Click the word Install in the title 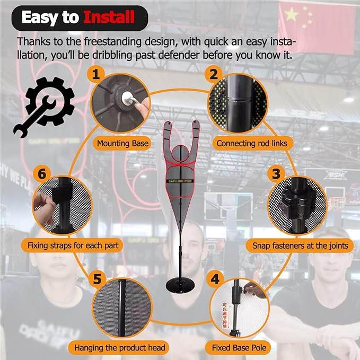click(x=109, y=17)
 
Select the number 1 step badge click(x=96, y=74)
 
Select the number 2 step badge click(x=214, y=74)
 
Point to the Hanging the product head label click(x=120, y=348)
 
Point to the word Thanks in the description click(x=33, y=41)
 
